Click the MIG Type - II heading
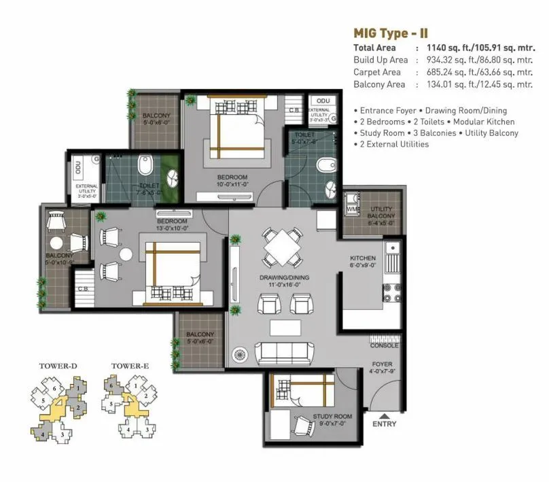coord(391,33)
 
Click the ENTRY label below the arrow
coord(384,424)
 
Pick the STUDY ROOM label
coord(332,417)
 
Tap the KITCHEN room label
coord(363,258)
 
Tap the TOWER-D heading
coord(58,366)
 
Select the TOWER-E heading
coord(130,366)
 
